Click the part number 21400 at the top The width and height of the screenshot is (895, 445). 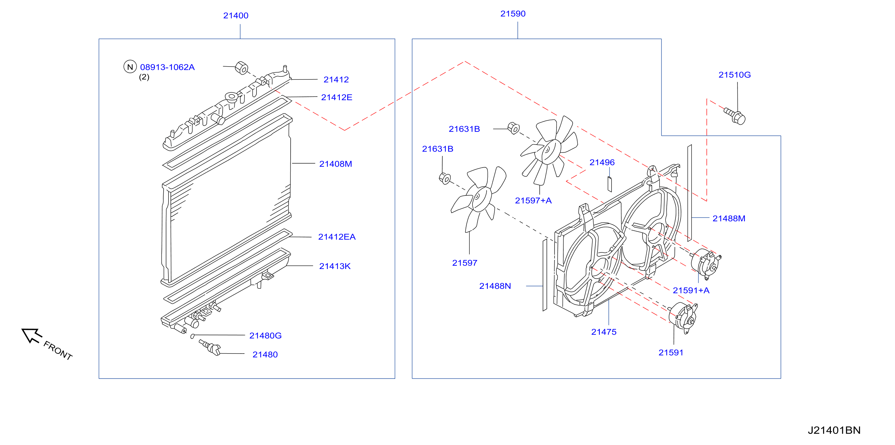click(236, 16)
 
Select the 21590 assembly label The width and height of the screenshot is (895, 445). click(513, 14)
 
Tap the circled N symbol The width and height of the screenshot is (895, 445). click(130, 67)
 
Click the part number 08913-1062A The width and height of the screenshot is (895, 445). click(167, 67)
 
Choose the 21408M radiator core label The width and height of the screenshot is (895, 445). click(335, 164)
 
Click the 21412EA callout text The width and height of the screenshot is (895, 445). click(337, 237)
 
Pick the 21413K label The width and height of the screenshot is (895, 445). click(335, 266)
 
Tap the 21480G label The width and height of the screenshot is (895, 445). click(265, 336)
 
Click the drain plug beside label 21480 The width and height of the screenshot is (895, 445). click(210, 347)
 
